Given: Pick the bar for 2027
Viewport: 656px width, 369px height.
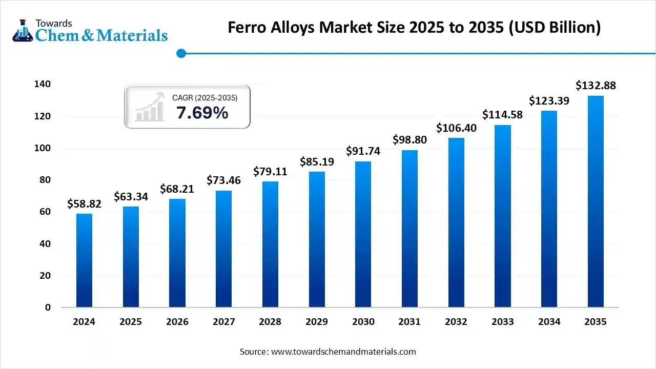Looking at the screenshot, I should point(223,249).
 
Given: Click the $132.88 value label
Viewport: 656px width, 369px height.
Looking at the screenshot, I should point(596,86).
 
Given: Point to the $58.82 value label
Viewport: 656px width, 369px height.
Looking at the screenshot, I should point(84,204).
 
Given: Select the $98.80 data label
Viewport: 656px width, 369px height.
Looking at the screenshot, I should point(409,139).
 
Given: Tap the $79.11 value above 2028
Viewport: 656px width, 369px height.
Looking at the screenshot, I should point(270,171).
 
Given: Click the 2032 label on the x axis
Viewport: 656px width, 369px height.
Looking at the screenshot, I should point(456,322).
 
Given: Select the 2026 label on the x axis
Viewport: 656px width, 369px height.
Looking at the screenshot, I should point(177,322).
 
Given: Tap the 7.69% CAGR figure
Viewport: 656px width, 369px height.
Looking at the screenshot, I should point(202,113).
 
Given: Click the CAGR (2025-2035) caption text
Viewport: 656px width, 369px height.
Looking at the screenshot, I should point(204,97).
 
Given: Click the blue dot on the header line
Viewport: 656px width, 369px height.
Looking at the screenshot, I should point(180,53).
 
